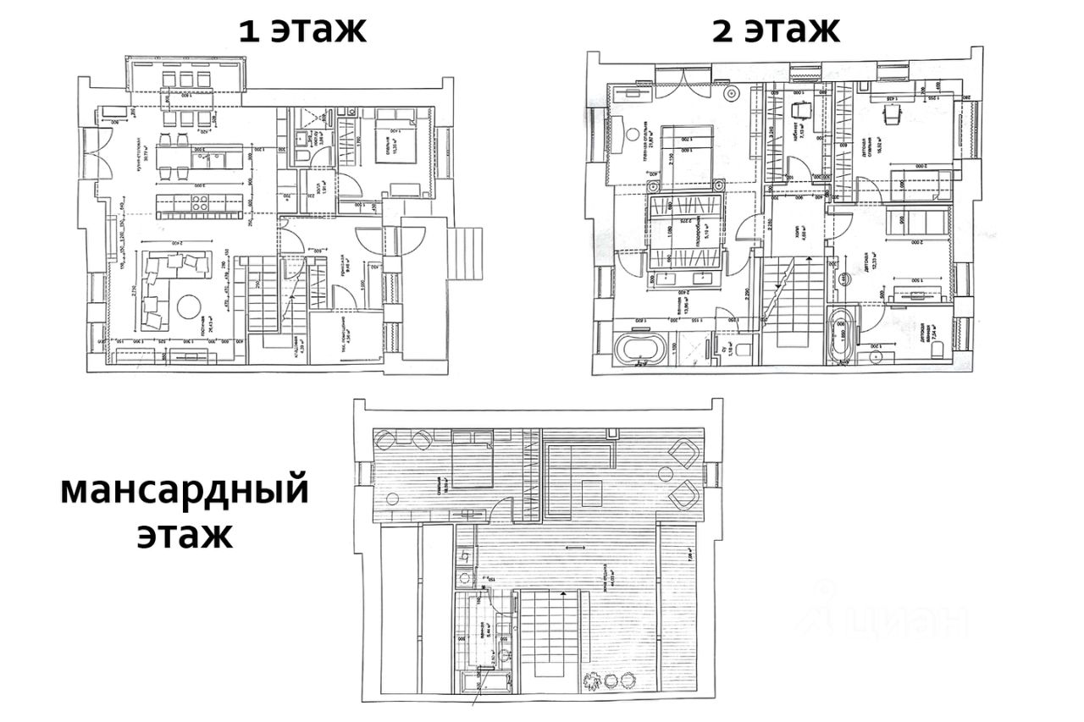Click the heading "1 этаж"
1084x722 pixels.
(x=302, y=30)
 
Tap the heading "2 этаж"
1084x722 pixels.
(x=775, y=30)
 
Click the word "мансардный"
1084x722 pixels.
(x=184, y=491)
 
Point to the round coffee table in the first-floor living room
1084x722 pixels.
(x=188, y=306)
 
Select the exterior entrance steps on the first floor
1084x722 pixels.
(x=462, y=255)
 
